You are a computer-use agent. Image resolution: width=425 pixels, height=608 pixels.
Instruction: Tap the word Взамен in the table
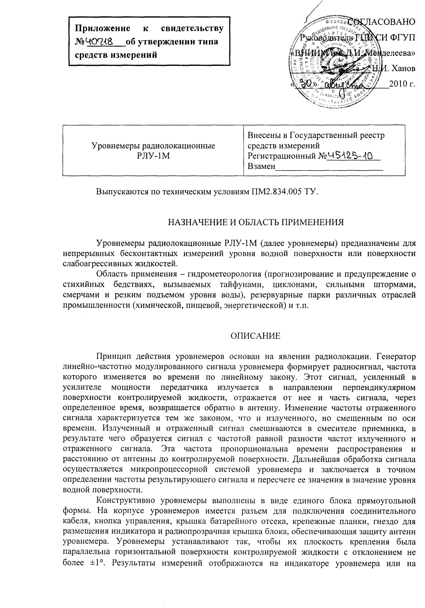[261, 167]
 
